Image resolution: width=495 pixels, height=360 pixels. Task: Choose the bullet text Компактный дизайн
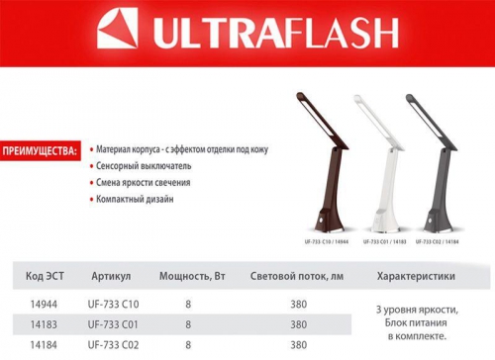[x=135, y=199]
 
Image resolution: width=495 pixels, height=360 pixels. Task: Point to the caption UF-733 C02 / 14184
[x=433, y=240]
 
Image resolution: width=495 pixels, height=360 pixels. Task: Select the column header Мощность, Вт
[x=187, y=278]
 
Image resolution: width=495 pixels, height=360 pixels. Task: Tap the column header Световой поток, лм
[x=298, y=278]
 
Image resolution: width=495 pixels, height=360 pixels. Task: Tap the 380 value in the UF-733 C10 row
[x=298, y=303]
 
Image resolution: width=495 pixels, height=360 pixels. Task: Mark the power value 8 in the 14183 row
[x=187, y=323]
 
